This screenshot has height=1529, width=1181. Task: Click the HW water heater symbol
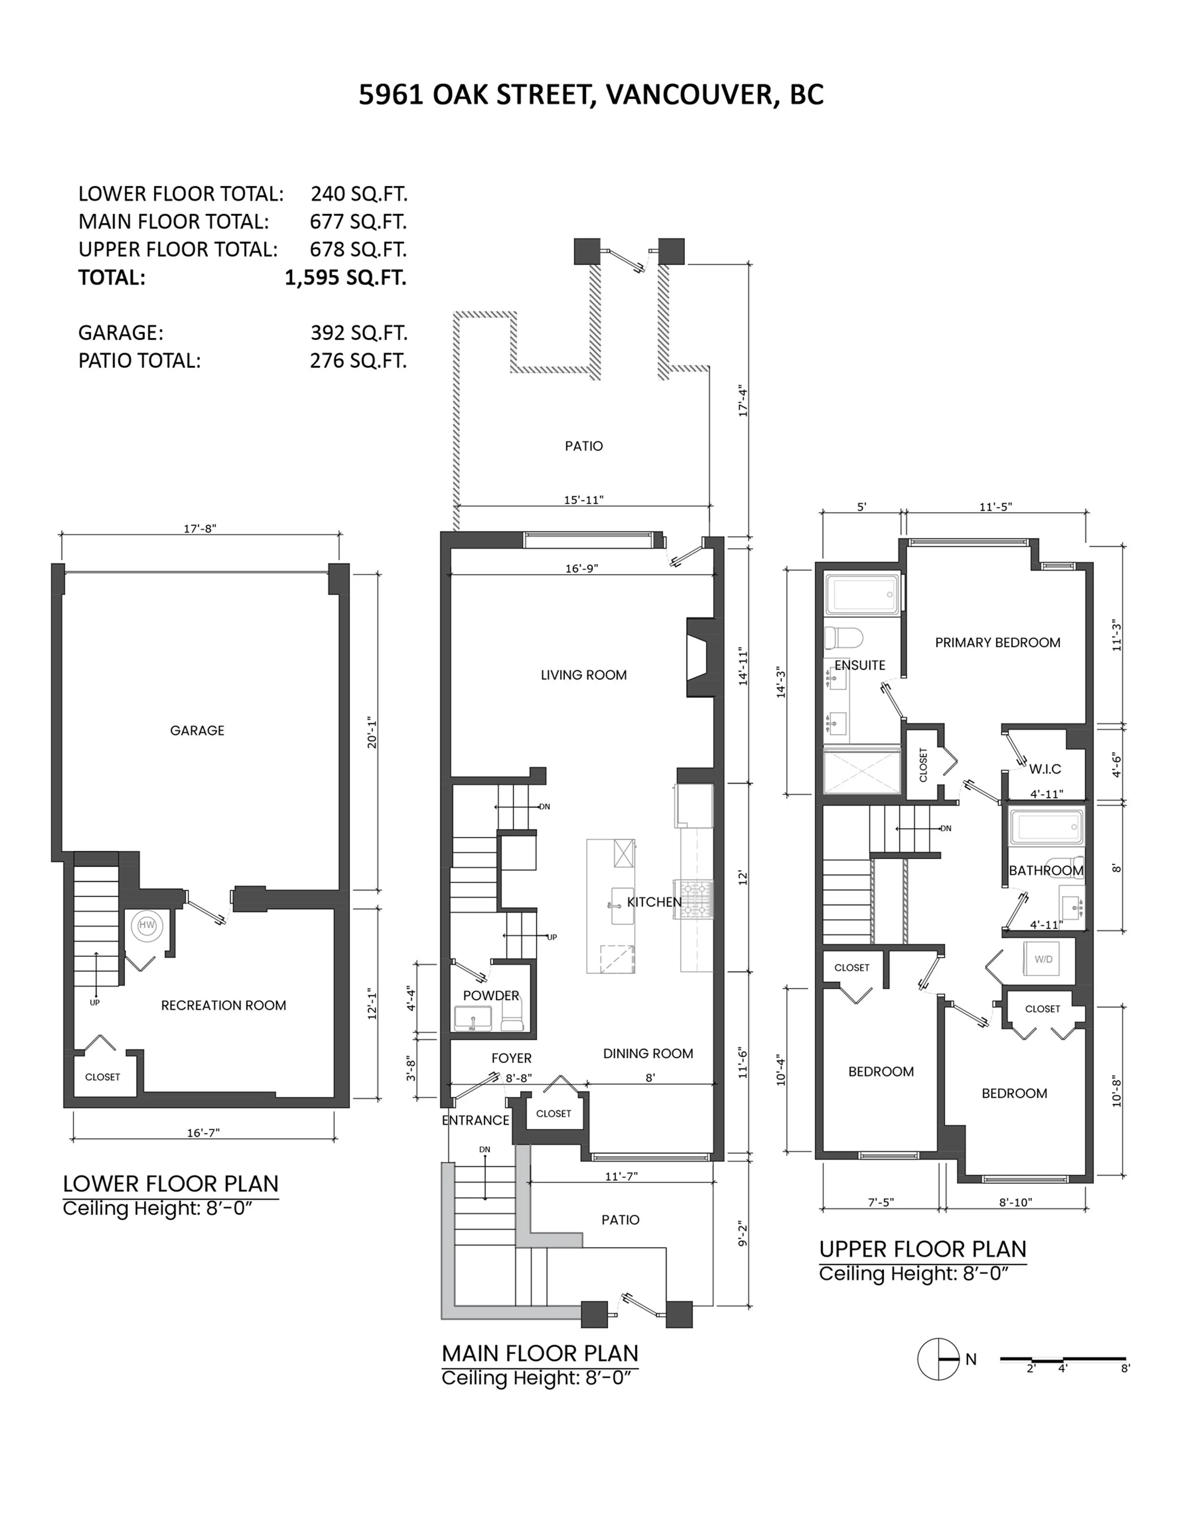(146, 925)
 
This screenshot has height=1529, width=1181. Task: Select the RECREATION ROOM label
(223, 1005)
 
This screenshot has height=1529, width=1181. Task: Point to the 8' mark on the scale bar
(1125, 1368)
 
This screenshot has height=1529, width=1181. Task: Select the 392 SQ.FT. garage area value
(358, 333)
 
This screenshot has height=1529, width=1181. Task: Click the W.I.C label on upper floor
(1044, 769)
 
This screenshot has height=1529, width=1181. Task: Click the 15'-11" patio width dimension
(583, 500)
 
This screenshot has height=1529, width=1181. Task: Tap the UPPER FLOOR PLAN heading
(922, 1249)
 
